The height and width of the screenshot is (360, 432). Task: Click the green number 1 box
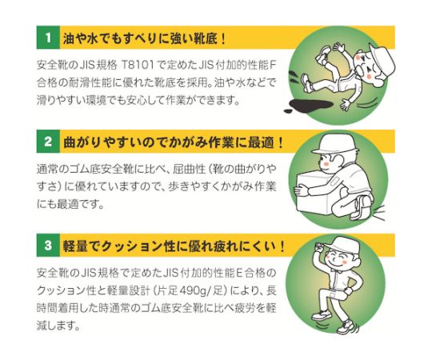pyautogui.click(x=48, y=38)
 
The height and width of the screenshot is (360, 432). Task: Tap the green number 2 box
pyautogui.click(x=48, y=142)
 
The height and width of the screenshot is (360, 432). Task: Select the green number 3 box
pyautogui.click(x=48, y=245)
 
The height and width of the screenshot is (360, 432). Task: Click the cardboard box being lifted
pyautogui.click(x=314, y=193)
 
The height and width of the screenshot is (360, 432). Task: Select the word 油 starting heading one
pyautogui.click(x=69, y=38)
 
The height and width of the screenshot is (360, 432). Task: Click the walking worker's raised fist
pyautogui.click(x=320, y=246)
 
